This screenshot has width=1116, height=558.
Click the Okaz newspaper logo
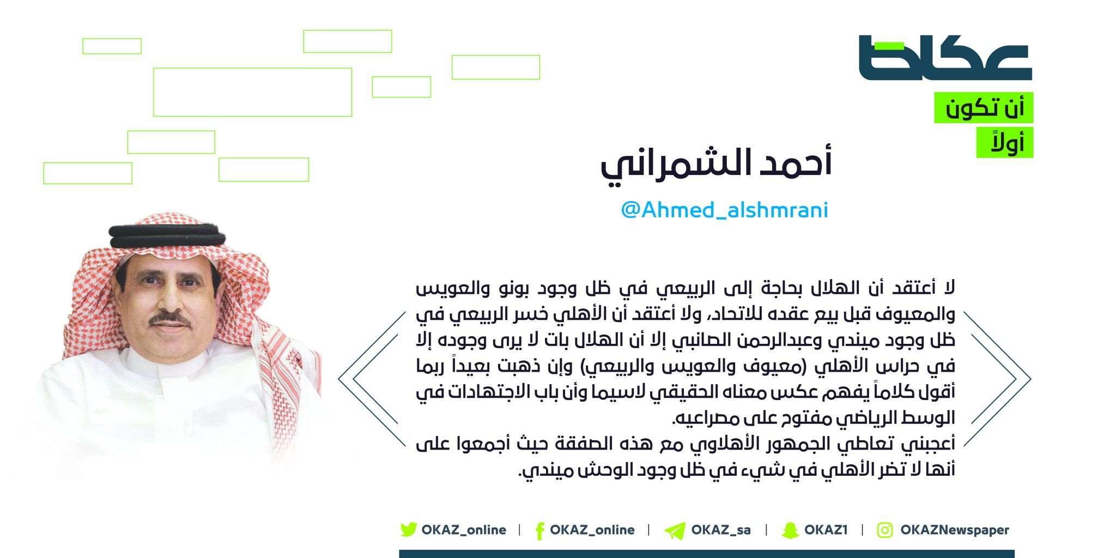coord(945,58)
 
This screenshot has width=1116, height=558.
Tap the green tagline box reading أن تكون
coord(984,107)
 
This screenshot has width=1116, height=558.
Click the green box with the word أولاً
coord(1005,142)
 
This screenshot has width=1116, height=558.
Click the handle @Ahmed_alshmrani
coord(724,210)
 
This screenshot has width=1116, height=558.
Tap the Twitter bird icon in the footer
coord(408,530)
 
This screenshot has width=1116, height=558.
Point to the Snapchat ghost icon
coord(790,530)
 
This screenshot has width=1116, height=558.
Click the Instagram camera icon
coord(885,530)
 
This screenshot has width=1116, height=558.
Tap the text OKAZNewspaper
coord(955,530)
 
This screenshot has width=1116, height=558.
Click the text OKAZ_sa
coord(721,530)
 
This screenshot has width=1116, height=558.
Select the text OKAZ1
coord(826,530)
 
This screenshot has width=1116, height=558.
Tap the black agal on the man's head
coord(168,235)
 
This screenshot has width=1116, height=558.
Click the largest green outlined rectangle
coord(252,92)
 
